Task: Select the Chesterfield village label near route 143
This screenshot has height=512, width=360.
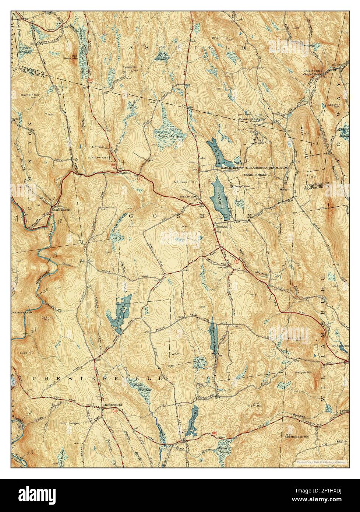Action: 110,407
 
